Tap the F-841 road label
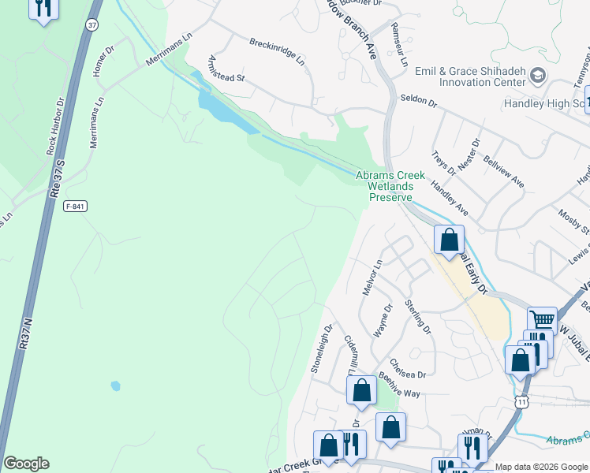(76, 207)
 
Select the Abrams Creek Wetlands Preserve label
(390, 186)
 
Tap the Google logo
(26, 464)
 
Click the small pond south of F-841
(116, 386)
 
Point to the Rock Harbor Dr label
(54, 125)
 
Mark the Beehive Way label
(400, 384)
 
